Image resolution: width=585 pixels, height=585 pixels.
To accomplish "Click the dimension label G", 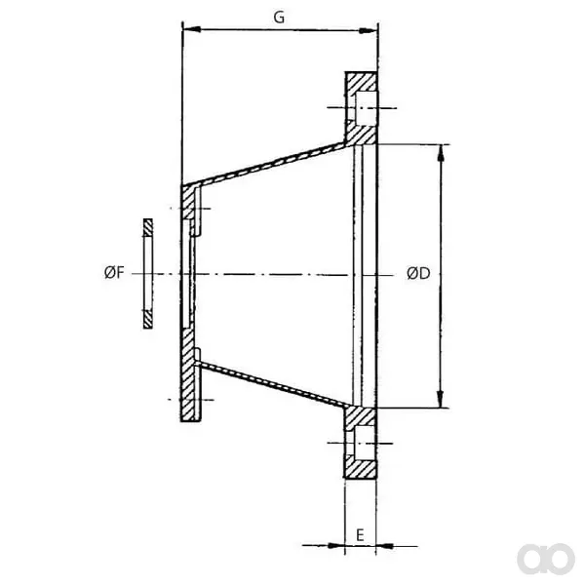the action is [x=279, y=18].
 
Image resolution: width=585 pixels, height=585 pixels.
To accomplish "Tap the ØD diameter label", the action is [x=418, y=273].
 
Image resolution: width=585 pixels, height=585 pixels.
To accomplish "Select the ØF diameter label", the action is [x=114, y=273].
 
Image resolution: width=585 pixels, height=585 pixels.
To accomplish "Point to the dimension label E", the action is [x=360, y=535].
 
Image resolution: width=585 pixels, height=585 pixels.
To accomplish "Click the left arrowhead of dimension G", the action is [x=192, y=29].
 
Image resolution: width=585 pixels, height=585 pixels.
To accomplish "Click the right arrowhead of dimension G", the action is [x=368, y=31].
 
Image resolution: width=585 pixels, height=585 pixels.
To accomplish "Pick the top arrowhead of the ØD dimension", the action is [x=441, y=153].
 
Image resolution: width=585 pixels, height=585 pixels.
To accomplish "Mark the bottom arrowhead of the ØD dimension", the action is [x=441, y=399].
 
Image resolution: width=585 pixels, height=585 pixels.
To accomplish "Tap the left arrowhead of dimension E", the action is [x=335, y=545].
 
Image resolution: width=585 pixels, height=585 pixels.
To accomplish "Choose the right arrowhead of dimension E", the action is [x=384, y=546].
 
